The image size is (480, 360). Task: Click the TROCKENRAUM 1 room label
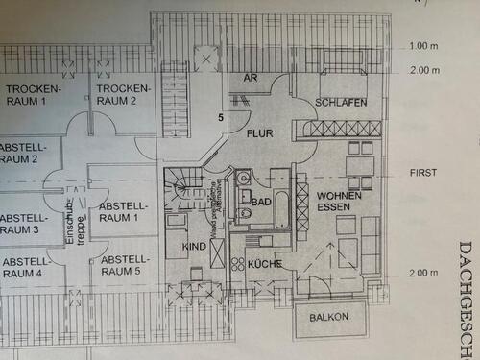(x=34, y=94)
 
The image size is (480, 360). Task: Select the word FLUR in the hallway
(x=260, y=135)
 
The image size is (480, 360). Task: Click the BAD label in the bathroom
(x=261, y=203)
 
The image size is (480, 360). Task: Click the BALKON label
(x=329, y=316)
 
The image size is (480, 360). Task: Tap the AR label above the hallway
(x=252, y=79)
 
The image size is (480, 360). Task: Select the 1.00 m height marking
(x=422, y=46)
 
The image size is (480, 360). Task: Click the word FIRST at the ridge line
(x=422, y=173)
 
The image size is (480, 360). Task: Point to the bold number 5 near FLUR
(x=220, y=117)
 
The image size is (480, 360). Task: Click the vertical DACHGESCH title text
(x=468, y=298)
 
